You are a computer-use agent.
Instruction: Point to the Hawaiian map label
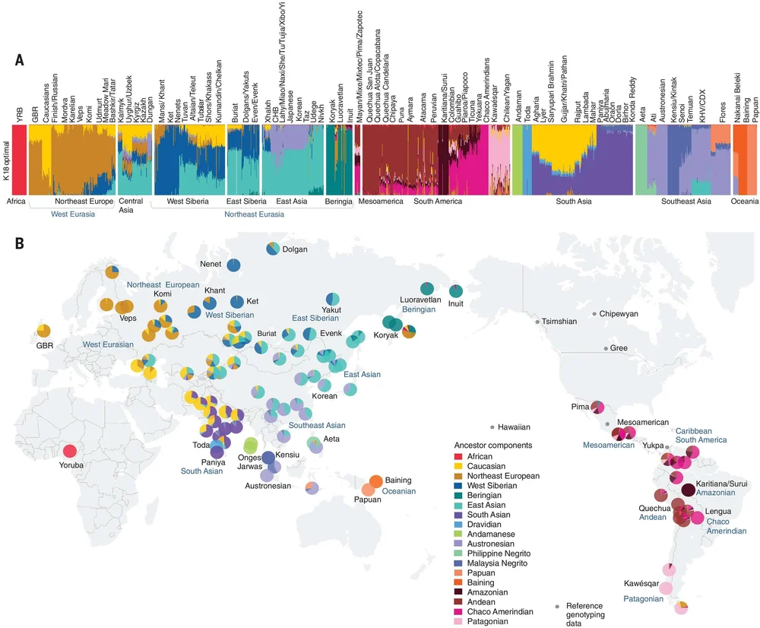click(x=515, y=427)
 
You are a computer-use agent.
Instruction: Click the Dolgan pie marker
click(x=273, y=249)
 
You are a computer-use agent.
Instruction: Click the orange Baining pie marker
click(x=375, y=481)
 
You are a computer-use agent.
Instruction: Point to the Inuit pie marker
click(x=456, y=290)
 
